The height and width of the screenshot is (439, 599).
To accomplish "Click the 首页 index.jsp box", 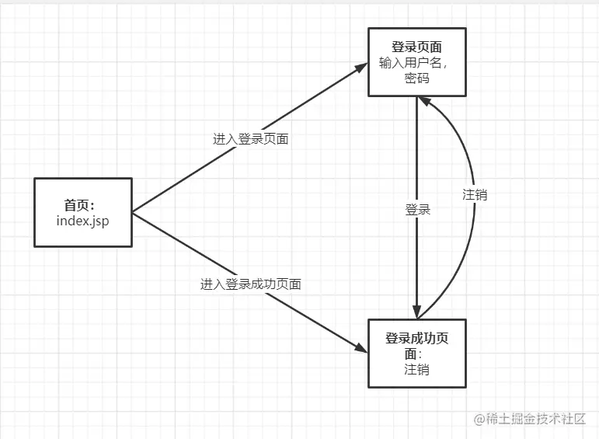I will click(x=82, y=212).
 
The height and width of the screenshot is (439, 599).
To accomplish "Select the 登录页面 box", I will click(x=416, y=61).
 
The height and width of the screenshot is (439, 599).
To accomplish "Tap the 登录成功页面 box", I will click(x=416, y=353).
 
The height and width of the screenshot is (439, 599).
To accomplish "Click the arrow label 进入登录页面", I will click(x=250, y=139).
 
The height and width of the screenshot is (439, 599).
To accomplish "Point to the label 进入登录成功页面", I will click(x=250, y=284).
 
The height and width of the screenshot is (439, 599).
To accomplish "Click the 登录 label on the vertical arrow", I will click(x=417, y=210).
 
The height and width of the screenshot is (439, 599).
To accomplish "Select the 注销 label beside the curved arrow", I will click(x=475, y=194).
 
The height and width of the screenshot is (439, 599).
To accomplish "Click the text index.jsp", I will click(x=82, y=221).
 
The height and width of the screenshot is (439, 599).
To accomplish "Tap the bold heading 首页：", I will click(x=79, y=205).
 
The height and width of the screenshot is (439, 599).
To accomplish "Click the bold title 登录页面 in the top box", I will click(x=416, y=47).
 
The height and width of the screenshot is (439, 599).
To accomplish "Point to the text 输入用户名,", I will click(x=412, y=62).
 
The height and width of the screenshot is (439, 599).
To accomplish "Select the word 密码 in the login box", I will click(x=416, y=78).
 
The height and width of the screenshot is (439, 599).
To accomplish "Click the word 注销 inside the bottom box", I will click(x=416, y=369).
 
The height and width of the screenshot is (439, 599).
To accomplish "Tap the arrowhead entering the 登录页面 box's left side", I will click(x=360, y=68).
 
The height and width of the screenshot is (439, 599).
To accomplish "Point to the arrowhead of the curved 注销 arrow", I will click(x=425, y=101).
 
